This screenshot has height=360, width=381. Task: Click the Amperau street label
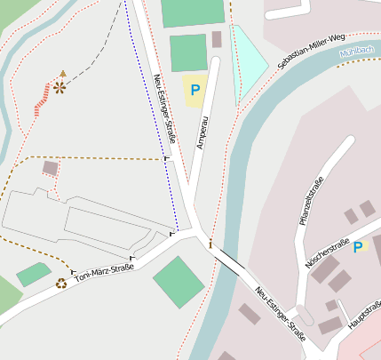point(202,131)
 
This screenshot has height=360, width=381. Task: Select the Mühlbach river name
point(356,53)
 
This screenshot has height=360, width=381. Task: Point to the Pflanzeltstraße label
point(312,201)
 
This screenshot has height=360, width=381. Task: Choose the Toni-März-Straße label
point(104,273)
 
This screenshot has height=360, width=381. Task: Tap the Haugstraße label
point(364,315)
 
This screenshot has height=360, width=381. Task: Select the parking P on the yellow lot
point(194,90)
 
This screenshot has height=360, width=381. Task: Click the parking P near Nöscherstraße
point(358,246)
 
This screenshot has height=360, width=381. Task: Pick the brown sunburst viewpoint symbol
point(60,87)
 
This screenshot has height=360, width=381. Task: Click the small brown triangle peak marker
point(62,73)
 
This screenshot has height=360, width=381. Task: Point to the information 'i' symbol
point(210,243)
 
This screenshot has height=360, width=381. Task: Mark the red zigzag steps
point(41,100)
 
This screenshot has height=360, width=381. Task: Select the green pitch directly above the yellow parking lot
point(187,52)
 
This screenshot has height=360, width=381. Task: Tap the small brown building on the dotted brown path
point(51,167)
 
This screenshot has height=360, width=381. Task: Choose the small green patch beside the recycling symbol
point(33,275)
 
